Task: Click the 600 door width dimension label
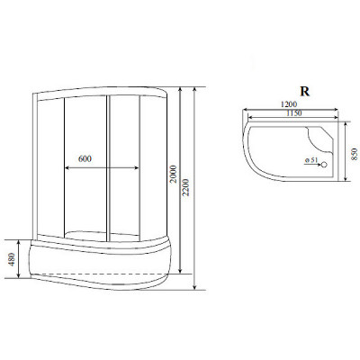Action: coord(85,158)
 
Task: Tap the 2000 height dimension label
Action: coord(174,175)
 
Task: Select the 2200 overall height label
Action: coord(186,187)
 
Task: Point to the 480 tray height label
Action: coord(12,259)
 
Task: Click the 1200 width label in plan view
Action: coord(289,104)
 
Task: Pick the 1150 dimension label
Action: coord(293,113)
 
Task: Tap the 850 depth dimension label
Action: coord(355,154)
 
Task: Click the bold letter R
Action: coord(305,91)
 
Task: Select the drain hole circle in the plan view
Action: coord(324,164)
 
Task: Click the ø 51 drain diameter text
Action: coord(311,160)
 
